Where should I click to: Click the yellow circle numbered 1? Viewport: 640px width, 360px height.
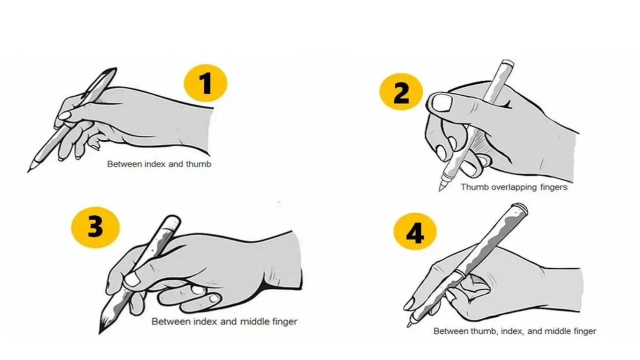pyautogui.click(x=205, y=83)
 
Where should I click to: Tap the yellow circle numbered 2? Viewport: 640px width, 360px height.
pyautogui.click(x=401, y=91)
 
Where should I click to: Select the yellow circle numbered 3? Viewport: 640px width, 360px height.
pyautogui.click(x=95, y=227)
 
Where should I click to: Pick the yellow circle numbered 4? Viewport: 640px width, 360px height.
pyautogui.click(x=415, y=231)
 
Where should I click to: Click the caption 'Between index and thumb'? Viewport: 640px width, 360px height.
pyautogui.click(x=159, y=164)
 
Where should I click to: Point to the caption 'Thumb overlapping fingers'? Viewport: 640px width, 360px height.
pyautogui.click(x=514, y=187)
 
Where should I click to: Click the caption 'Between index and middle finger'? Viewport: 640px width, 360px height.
pyautogui.click(x=224, y=321)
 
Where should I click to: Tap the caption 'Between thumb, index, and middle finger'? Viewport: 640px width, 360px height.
pyautogui.click(x=514, y=331)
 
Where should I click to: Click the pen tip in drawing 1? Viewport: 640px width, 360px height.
pyautogui.click(x=28, y=171)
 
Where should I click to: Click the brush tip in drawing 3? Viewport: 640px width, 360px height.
pyautogui.click(x=99, y=333)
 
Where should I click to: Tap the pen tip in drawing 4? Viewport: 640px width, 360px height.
pyautogui.click(x=408, y=326)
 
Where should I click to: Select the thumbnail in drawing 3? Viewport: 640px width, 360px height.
pyautogui.click(x=132, y=279)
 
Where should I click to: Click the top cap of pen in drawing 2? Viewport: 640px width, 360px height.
pyautogui.click(x=507, y=62)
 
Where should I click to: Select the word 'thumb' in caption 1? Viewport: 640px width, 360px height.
pyautogui.click(x=198, y=164)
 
